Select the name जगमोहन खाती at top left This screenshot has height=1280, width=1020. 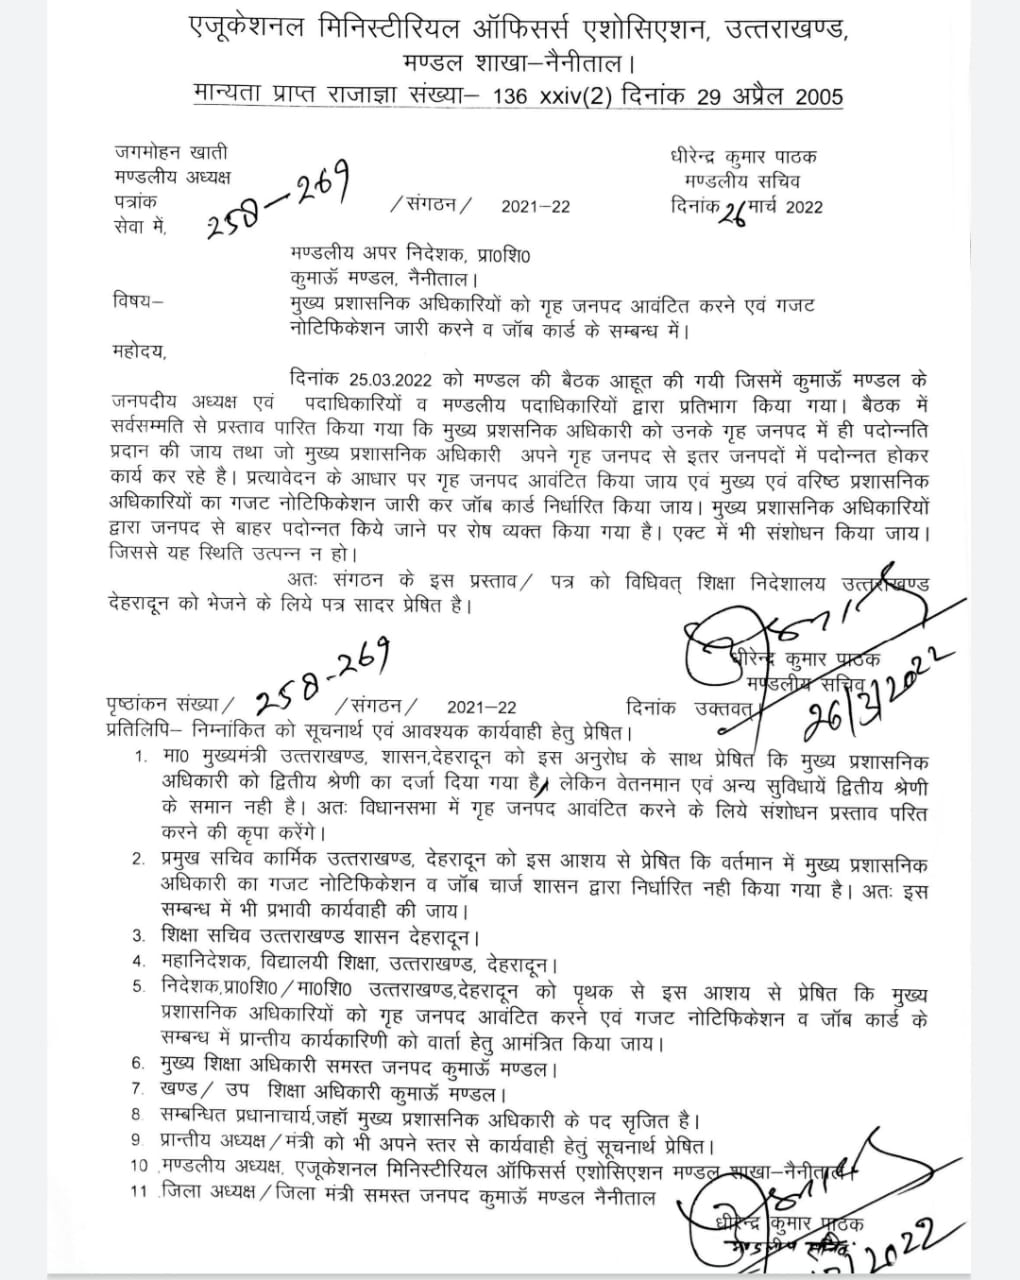point(171,153)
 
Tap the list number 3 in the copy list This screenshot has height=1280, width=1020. point(139,937)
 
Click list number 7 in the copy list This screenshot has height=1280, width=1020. point(139,1087)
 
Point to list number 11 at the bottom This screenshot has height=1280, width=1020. point(138,1191)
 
